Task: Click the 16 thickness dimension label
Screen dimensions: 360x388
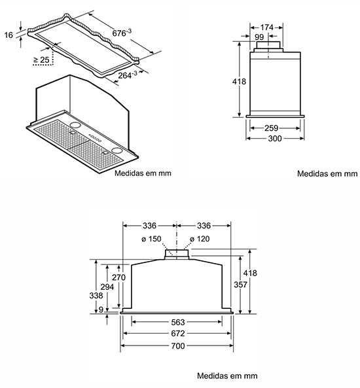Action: [9, 35]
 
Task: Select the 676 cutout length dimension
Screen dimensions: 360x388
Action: [122, 33]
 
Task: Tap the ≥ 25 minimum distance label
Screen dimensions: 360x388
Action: [41, 60]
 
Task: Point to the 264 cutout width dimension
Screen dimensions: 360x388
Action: [127, 75]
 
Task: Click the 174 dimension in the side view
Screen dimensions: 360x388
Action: [266, 27]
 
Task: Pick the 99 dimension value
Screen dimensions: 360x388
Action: [259, 37]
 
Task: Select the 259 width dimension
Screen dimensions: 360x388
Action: [272, 128]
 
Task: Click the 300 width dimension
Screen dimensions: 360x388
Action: [275, 138]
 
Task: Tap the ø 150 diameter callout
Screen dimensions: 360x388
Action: [151, 239]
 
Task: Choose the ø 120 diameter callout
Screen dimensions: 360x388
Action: [200, 239]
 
